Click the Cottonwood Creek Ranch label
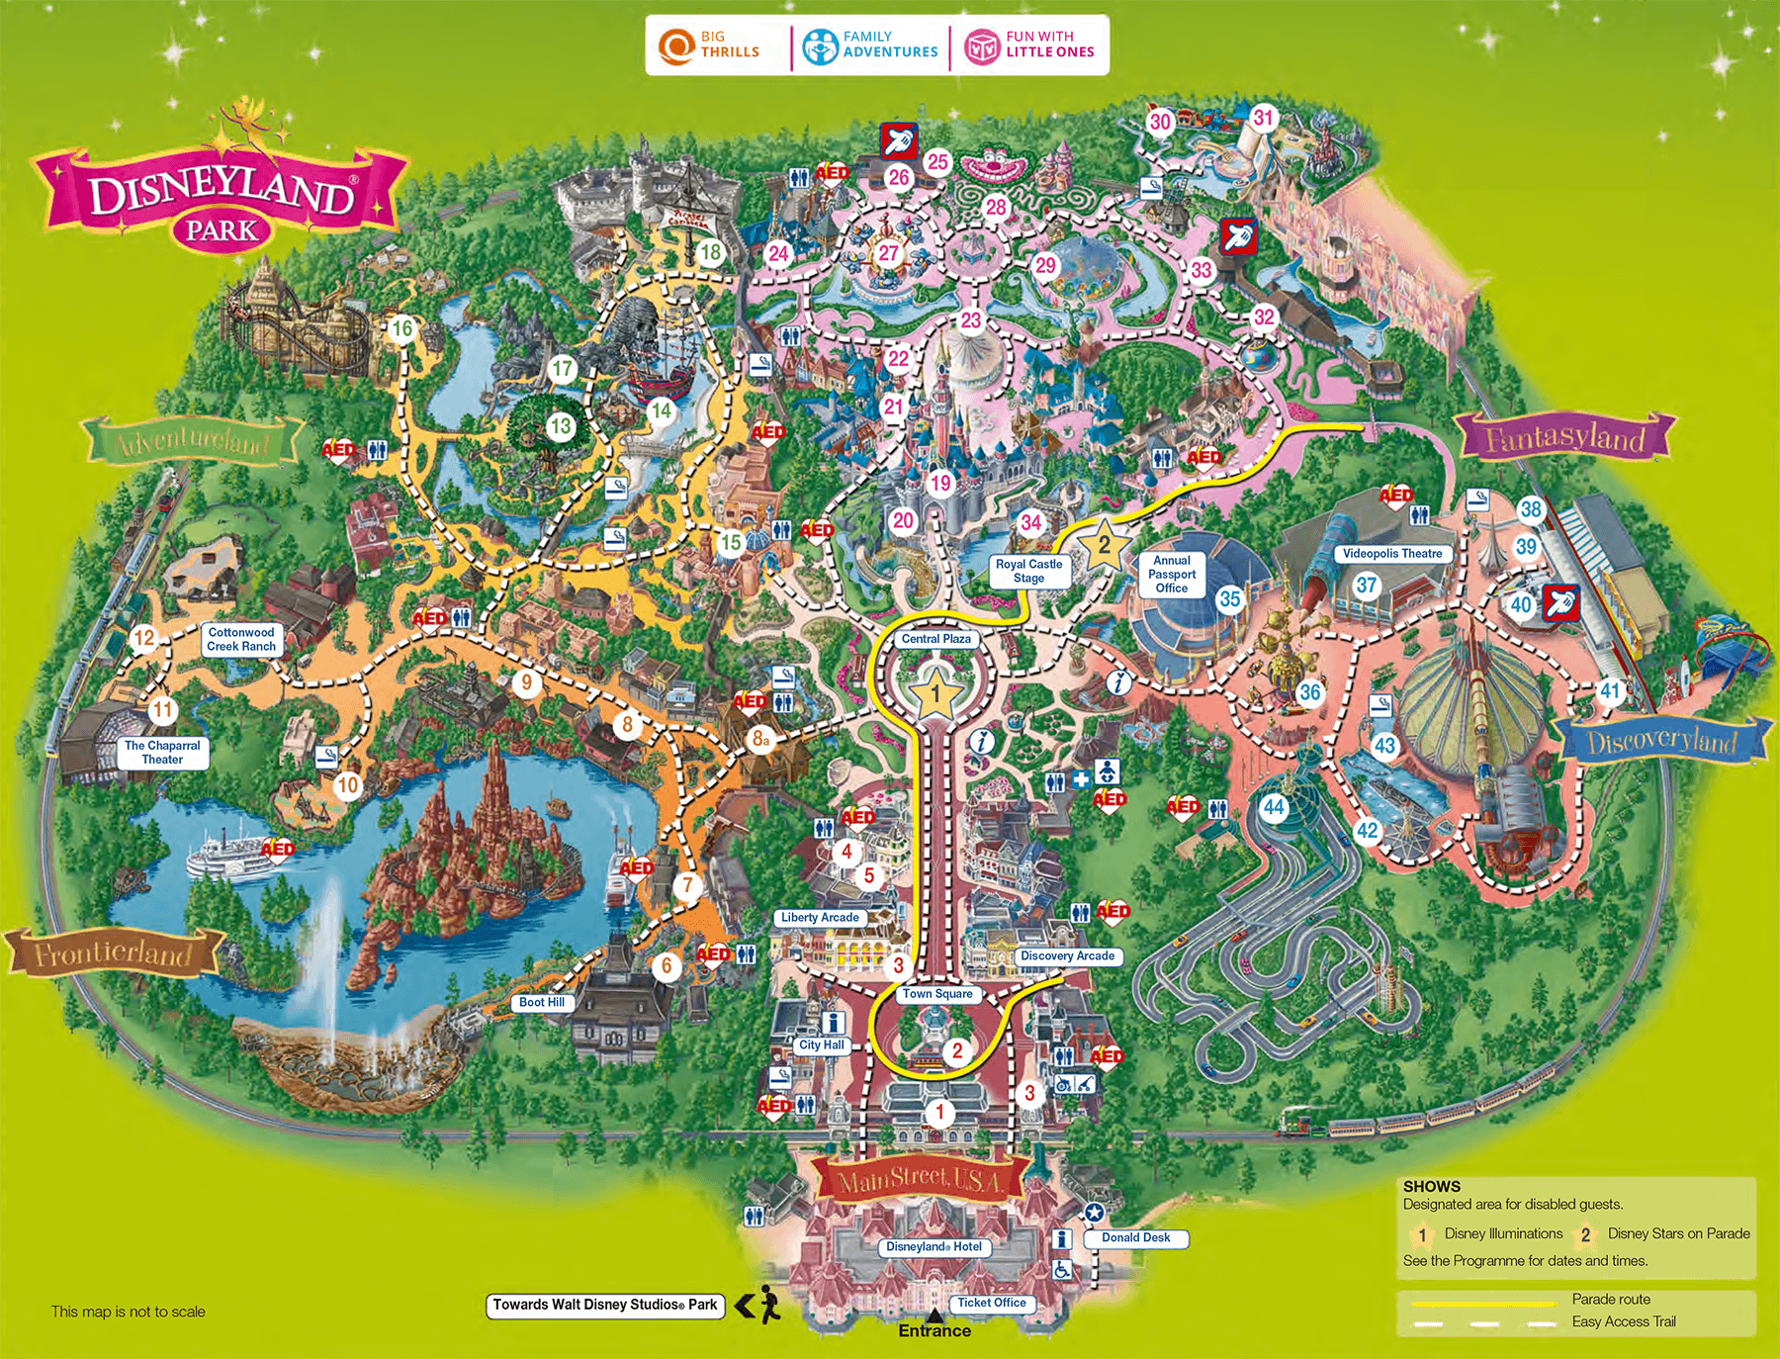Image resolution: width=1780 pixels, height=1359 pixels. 241,639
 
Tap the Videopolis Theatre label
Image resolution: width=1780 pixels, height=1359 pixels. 1391,554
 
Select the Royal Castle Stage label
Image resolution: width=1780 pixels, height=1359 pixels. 1028,571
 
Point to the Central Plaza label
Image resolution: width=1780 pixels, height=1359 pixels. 935,639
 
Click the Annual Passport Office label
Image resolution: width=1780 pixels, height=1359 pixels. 1172,574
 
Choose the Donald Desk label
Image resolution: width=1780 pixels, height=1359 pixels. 1135,1237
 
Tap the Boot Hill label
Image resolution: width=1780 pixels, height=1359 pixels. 541,1002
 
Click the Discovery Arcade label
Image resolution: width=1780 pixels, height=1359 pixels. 1067,956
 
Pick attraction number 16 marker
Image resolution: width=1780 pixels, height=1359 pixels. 401,328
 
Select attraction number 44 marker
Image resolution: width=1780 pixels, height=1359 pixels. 1274,807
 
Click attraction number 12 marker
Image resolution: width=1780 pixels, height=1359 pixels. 144,638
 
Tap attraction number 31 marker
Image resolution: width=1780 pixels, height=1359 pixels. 1263,119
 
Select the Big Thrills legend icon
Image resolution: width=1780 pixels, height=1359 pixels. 677,45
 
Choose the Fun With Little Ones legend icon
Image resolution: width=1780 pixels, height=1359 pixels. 982,45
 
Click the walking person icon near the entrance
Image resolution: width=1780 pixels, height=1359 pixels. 768,1306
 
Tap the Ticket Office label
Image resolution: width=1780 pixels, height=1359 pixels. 991,1303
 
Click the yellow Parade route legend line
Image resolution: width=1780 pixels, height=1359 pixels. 1483,1304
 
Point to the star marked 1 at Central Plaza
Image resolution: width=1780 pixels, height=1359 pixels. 935,692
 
